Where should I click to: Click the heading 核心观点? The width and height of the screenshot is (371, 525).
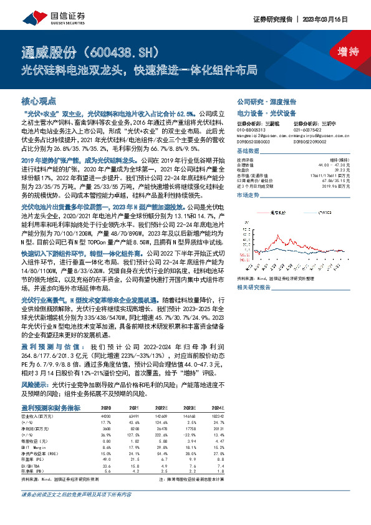(x=39, y=100)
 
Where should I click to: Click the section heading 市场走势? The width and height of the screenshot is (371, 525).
(x=248, y=196)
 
